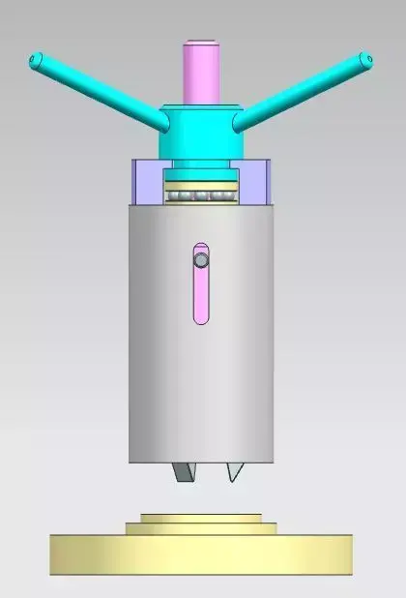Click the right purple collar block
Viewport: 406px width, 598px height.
click(x=254, y=182)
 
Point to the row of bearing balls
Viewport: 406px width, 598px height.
click(x=201, y=197)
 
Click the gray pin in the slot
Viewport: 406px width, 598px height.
click(x=200, y=260)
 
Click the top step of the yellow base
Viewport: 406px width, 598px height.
click(x=201, y=519)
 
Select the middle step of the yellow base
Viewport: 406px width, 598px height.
click(x=201, y=528)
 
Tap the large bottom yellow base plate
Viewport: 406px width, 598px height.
click(x=201, y=555)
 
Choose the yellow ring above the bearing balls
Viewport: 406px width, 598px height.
click(x=201, y=184)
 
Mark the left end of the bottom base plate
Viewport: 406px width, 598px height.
click(x=54, y=555)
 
